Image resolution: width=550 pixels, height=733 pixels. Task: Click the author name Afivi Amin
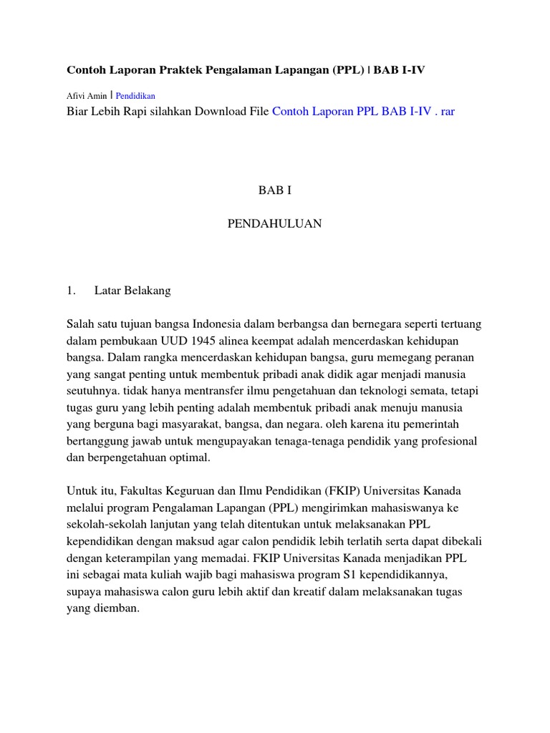tap(87, 95)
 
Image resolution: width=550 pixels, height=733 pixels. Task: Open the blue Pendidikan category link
tap(135, 95)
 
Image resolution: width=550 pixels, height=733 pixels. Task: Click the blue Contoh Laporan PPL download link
tap(363, 112)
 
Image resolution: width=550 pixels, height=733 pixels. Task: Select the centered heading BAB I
tap(274, 190)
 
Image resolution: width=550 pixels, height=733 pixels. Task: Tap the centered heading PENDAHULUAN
tap(274, 224)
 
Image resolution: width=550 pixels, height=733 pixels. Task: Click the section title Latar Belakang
tap(132, 291)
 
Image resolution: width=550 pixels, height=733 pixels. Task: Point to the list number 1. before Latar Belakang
tap(71, 291)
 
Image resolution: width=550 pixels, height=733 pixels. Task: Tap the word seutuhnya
tap(94, 391)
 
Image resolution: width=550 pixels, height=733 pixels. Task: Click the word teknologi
tap(390, 391)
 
